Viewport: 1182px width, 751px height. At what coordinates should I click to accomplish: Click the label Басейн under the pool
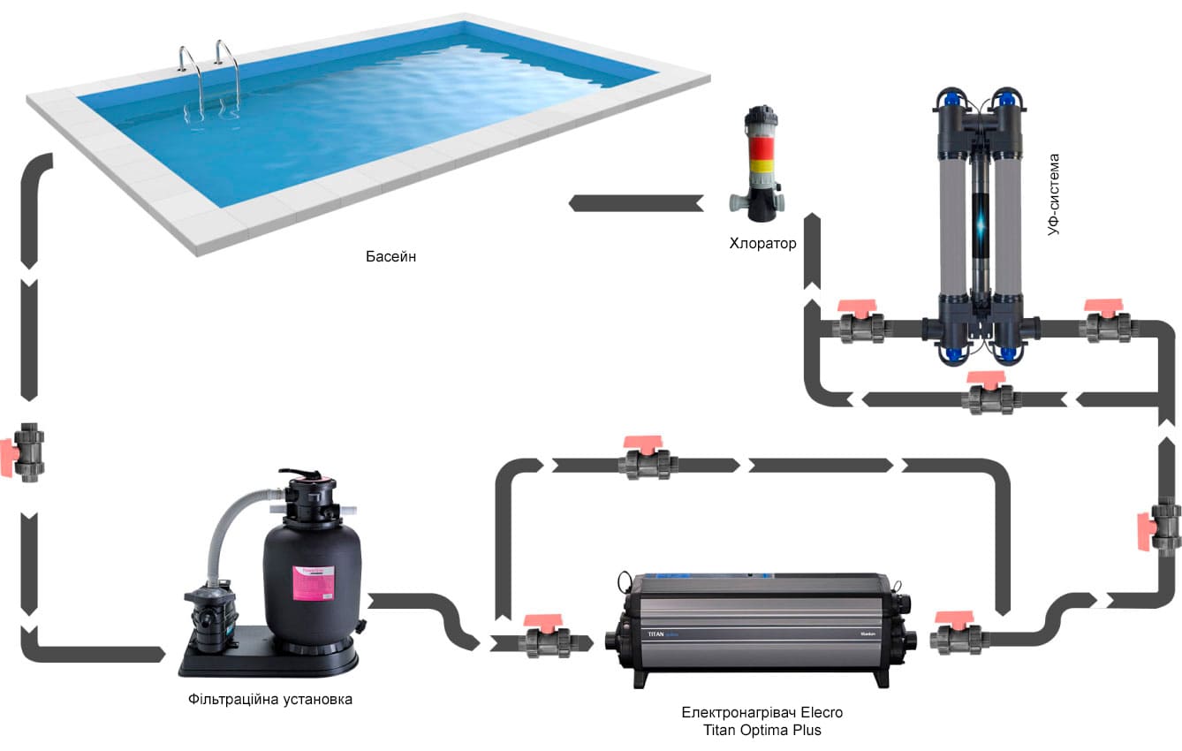390,257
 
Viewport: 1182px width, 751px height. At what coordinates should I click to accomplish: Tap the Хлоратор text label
762,244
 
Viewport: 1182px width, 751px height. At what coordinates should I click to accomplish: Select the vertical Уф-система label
1053,193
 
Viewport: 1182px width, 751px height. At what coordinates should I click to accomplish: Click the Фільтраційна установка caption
270,699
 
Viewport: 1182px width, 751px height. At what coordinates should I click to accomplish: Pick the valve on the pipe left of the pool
27,451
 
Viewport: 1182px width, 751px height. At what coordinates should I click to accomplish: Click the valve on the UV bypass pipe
992,396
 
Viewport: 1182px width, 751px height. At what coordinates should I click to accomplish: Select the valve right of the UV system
1106,323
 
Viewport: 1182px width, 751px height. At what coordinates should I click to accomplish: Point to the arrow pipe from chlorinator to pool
636,203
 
